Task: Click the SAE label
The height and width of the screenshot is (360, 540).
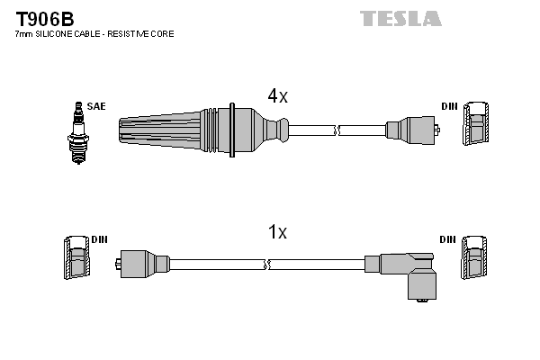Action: [96, 106]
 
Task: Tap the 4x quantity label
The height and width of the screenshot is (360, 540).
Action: [276, 96]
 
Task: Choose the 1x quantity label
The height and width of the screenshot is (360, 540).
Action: [277, 232]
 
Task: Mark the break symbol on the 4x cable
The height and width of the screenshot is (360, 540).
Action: [335, 131]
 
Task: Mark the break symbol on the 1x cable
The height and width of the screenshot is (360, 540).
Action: [267, 265]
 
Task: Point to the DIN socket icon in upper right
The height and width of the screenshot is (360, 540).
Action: [476, 123]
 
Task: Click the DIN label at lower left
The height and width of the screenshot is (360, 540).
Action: [99, 239]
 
